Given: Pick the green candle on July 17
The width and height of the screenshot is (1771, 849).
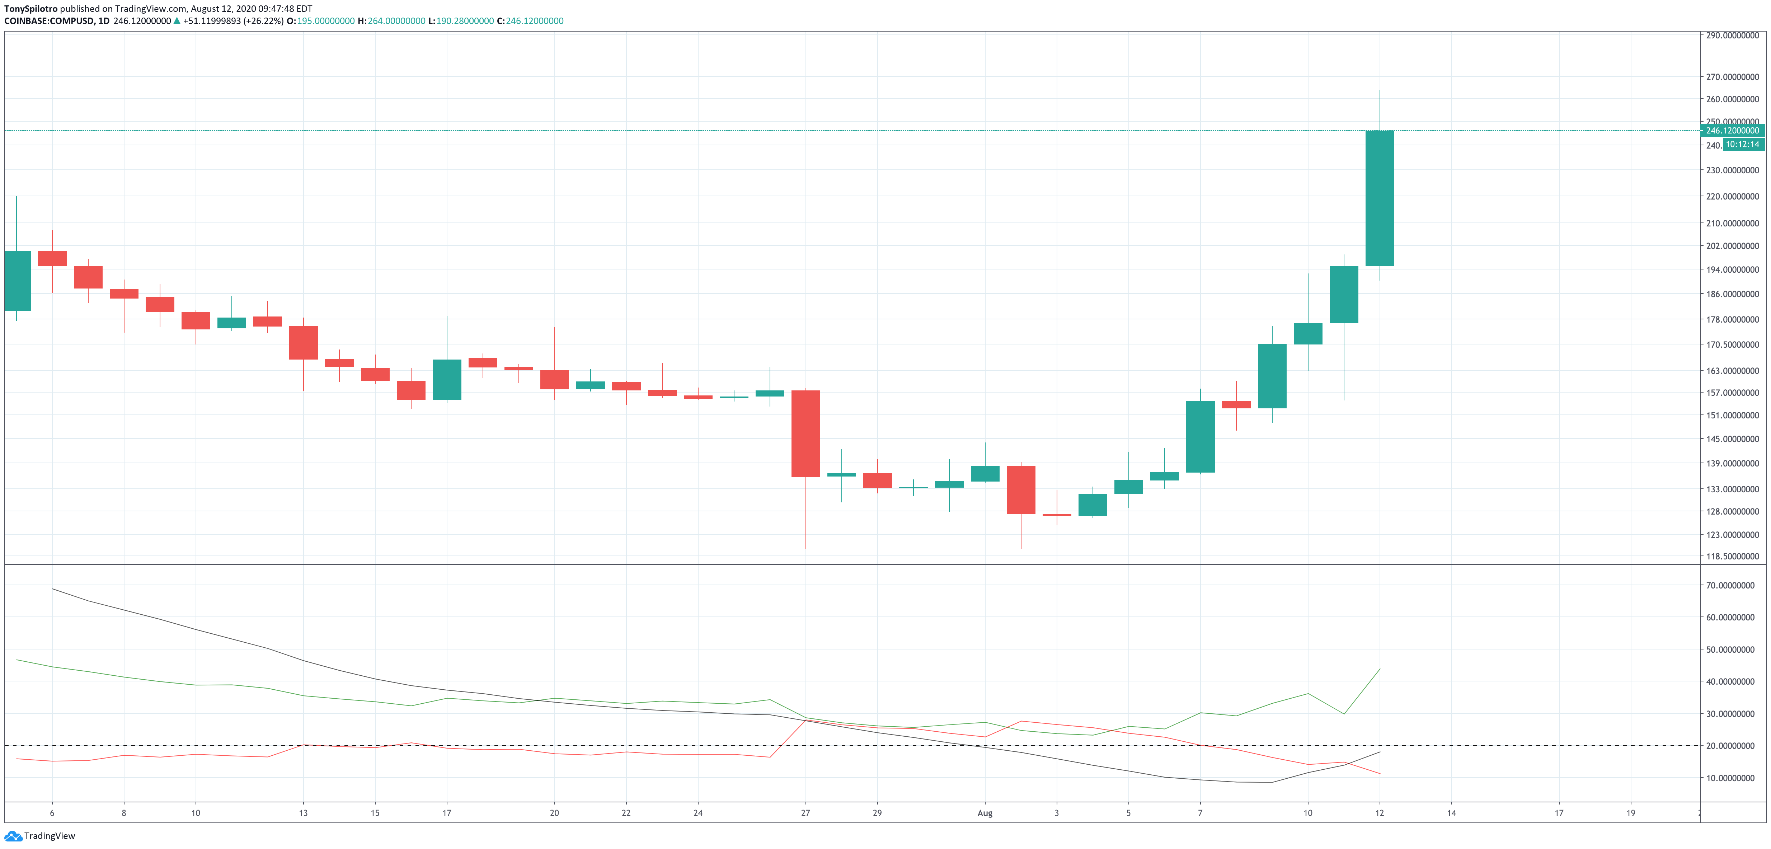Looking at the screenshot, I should pos(446,380).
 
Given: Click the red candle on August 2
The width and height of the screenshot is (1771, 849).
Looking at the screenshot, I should pos(1020,489).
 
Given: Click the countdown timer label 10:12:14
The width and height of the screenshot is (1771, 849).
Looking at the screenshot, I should pos(1742,144).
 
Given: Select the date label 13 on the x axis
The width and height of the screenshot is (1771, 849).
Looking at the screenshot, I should pos(303,813).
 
